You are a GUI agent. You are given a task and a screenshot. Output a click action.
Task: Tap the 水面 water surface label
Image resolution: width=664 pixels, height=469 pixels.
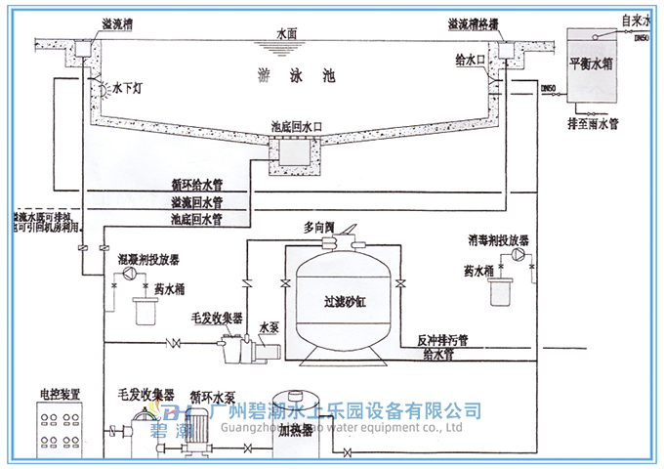coord(289,32)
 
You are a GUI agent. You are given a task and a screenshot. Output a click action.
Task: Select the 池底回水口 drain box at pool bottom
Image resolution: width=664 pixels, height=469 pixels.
coord(292,151)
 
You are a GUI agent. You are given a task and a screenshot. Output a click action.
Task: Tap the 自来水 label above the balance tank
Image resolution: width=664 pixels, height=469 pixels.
coord(635,19)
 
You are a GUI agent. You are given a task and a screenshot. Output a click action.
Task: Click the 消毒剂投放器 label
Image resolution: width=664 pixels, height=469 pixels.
coord(498,239)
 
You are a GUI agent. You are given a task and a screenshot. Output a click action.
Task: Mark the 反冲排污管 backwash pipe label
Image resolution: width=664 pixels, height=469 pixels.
coord(443,341)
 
